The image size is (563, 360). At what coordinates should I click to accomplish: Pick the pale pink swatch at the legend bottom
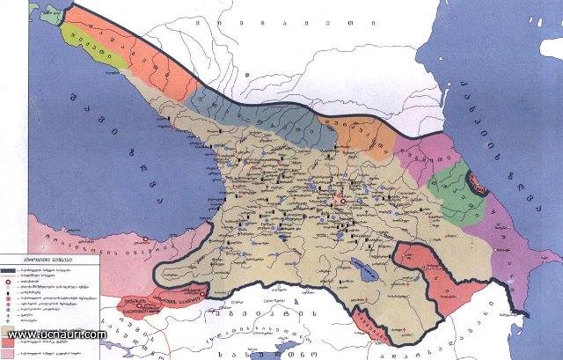(x=17, y=350)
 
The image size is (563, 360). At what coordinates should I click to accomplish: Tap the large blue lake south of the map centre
(x=358, y=266)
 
